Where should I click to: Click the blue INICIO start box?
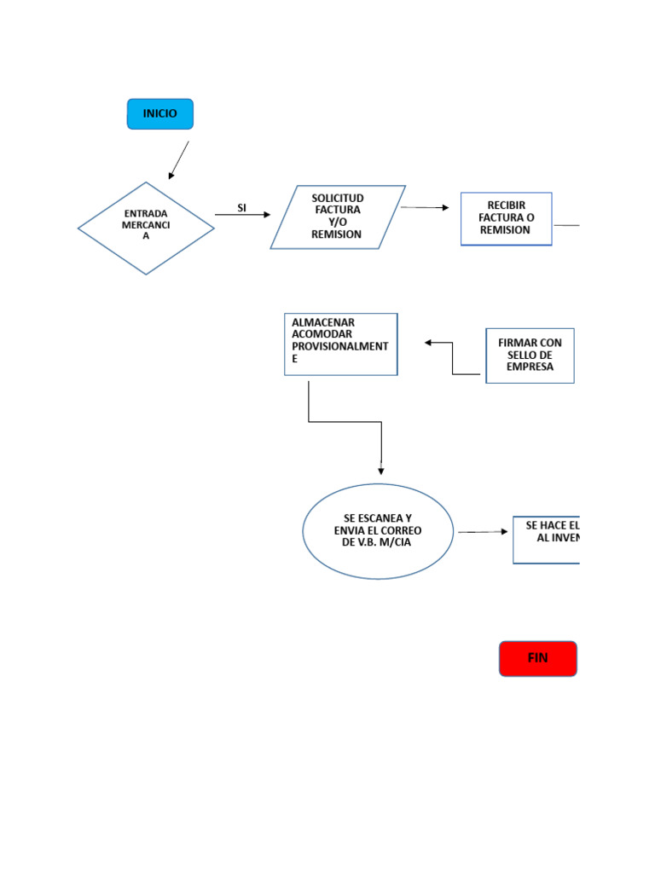pyautogui.click(x=160, y=114)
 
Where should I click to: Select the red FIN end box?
pyautogui.click(x=537, y=659)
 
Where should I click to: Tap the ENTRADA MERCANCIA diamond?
pyautogui.click(x=146, y=228)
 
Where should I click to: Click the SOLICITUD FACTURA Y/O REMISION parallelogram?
pyautogui.click(x=338, y=217)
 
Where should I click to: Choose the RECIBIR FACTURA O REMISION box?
pyautogui.click(x=507, y=218)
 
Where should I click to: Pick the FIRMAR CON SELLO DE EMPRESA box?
pyautogui.click(x=530, y=356)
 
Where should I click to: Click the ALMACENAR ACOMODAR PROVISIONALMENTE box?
pyautogui.click(x=341, y=344)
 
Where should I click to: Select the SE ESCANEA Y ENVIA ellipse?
pyautogui.click(x=378, y=531)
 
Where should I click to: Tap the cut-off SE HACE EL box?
pyautogui.click(x=547, y=540)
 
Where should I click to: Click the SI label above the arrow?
pyautogui.click(x=241, y=208)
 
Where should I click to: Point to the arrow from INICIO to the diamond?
pyautogui.click(x=179, y=160)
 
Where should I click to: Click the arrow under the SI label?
pyautogui.click(x=242, y=215)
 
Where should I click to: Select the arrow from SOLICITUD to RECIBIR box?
pyautogui.click(x=425, y=207)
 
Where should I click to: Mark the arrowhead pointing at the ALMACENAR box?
pyautogui.click(x=429, y=343)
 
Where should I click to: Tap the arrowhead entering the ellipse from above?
pyautogui.click(x=381, y=470)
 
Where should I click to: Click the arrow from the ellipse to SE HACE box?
pyautogui.click(x=483, y=532)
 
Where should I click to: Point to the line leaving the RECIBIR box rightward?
pyautogui.click(x=566, y=225)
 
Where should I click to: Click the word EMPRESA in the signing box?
pyautogui.click(x=530, y=367)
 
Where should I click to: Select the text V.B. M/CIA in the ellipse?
pyautogui.click(x=376, y=543)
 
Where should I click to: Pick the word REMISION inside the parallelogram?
pyautogui.click(x=336, y=234)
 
